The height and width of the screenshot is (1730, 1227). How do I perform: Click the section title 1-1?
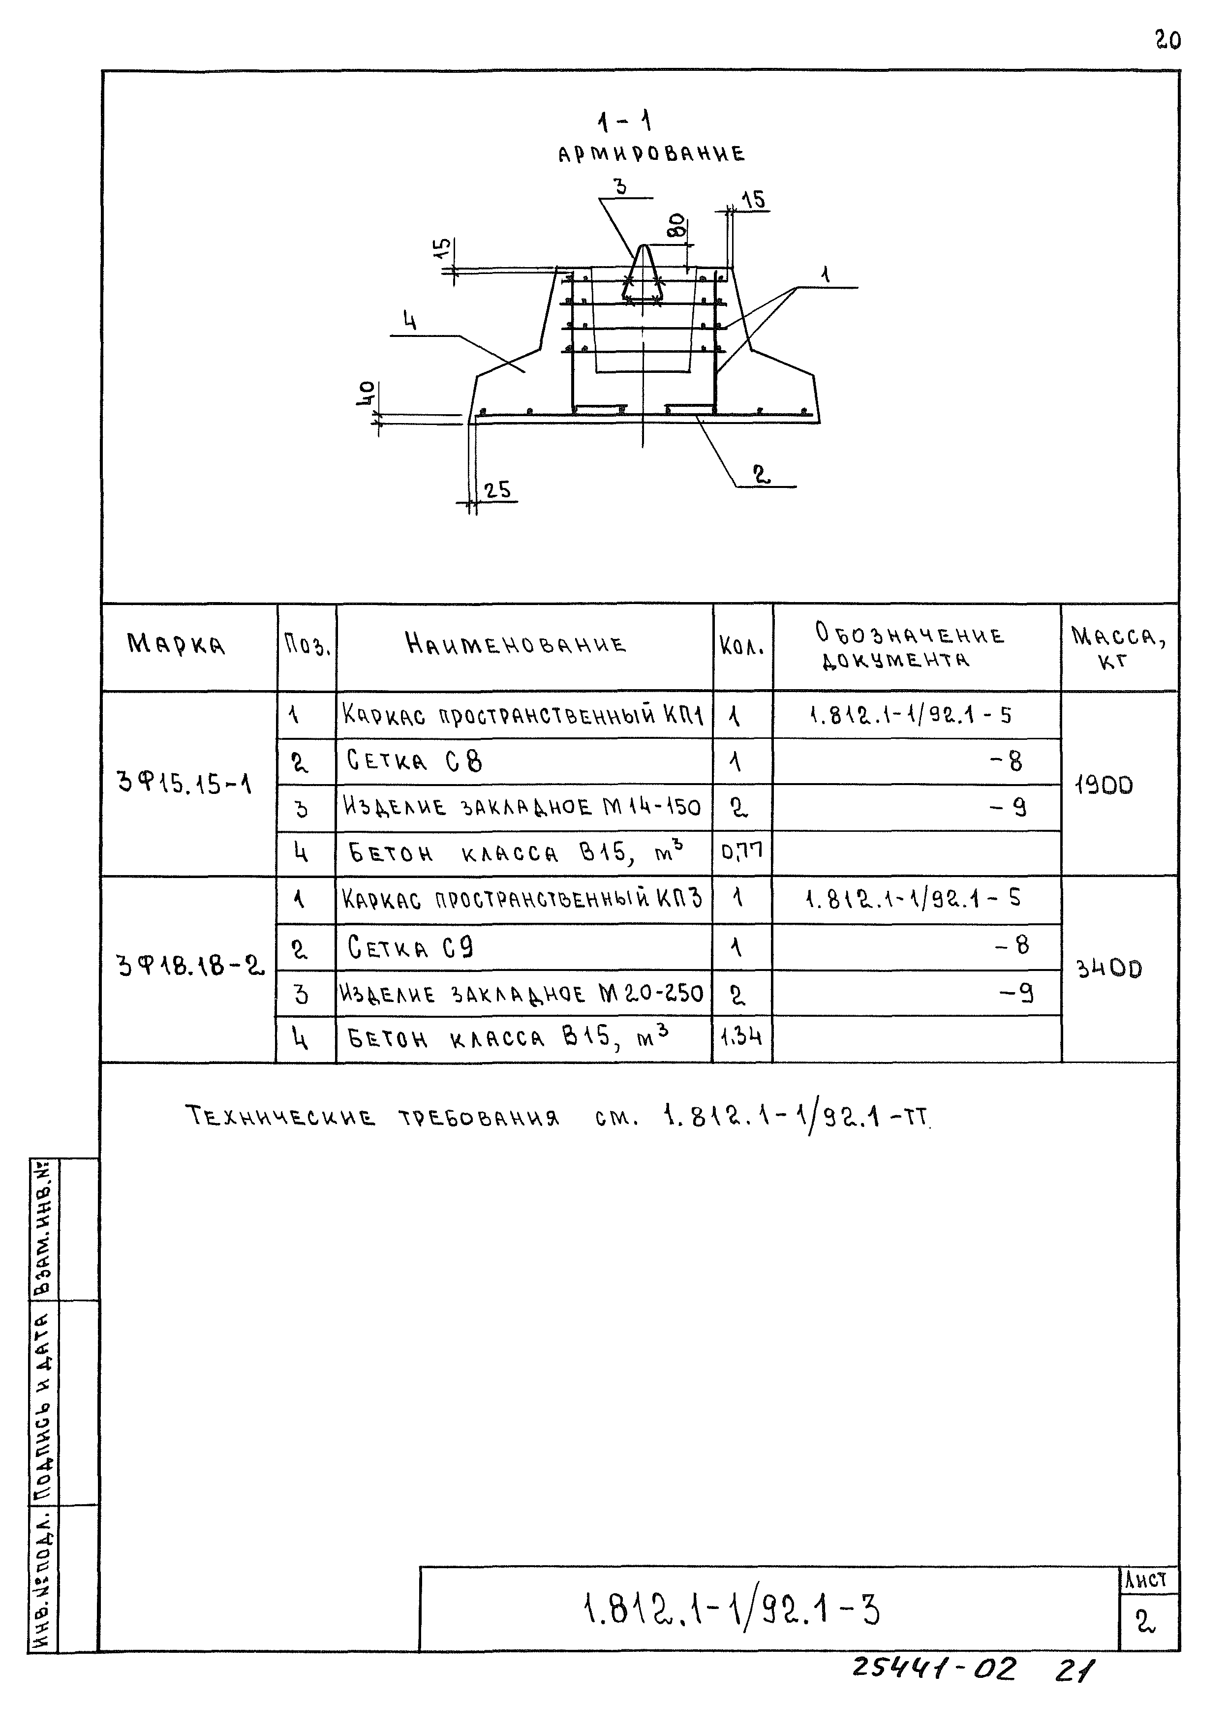coord(624,121)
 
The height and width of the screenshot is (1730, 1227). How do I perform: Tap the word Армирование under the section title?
coord(651,155)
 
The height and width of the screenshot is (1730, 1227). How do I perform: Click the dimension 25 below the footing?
coord(497,490)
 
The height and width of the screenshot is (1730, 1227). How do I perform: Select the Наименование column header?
coord(516,644)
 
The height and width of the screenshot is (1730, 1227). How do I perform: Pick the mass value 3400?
coord(1108,969)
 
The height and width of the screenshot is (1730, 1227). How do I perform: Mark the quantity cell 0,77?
coord(742,852)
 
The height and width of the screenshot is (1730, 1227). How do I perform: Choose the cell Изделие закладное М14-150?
coord(522,807)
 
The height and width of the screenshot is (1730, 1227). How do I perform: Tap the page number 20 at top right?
coord(1167,40)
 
